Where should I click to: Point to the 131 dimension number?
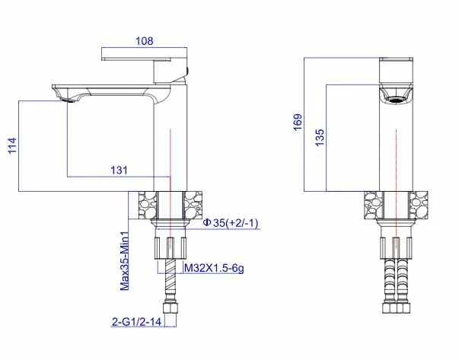point(120,170)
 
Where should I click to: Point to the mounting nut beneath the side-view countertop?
point(171,247)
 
